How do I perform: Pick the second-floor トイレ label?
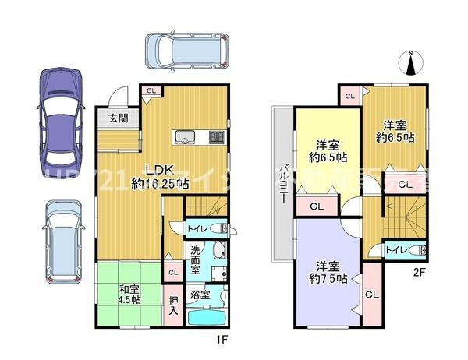point(395,249)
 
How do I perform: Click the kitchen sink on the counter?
point(185,139)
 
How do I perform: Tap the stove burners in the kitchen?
point(216,139)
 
